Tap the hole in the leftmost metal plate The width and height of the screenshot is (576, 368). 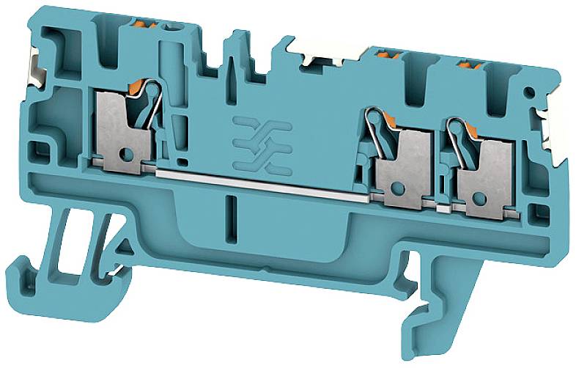(125, 155)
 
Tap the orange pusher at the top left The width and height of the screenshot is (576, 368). (150, 27)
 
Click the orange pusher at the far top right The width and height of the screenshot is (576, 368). (466, 66)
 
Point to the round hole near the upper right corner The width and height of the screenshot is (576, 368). (528, 92)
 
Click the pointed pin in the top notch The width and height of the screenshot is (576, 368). (237, 44)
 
